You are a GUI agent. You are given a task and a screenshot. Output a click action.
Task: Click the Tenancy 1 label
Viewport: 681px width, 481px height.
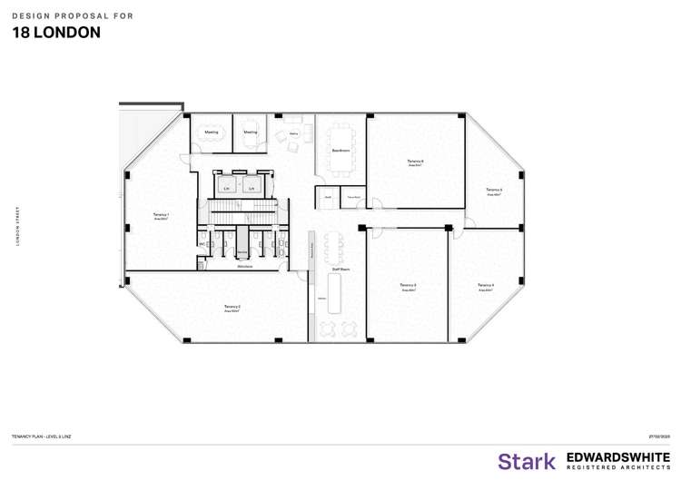(162, 215)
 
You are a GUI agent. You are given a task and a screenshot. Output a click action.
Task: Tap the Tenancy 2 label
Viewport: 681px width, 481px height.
(232, 308)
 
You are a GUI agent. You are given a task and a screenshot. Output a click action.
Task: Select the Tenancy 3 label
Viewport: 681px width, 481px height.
(408, 285)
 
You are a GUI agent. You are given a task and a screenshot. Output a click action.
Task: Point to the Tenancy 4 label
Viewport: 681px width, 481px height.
(486, 285)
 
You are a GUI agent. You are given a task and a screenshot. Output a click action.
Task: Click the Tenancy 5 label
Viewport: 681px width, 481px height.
(495, 189)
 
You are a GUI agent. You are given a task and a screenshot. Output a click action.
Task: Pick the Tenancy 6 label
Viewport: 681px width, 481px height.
(416, 162)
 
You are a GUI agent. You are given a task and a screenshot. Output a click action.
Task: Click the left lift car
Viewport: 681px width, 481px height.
(226, 187)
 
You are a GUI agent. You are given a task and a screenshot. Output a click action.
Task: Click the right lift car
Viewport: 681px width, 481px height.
(252, 187)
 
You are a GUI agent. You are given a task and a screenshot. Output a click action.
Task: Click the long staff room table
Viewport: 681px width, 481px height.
(331, 245)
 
